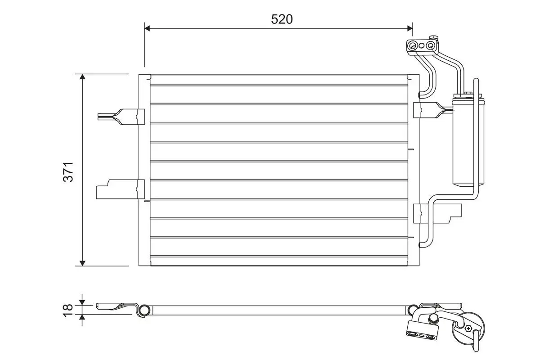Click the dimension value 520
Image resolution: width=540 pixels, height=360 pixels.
(x=282, y=19)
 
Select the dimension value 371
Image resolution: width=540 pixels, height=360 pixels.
(x=68, y=172)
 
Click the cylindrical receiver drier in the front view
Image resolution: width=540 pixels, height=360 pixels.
(x=468, y=139)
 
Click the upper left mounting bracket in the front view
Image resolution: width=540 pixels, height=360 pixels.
(x=121, y=116)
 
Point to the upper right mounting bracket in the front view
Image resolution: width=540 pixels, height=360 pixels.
(x=430, y=110)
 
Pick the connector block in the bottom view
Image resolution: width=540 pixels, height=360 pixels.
(x=422, y=328)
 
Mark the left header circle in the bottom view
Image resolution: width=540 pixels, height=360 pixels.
(x=144, y=310)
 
